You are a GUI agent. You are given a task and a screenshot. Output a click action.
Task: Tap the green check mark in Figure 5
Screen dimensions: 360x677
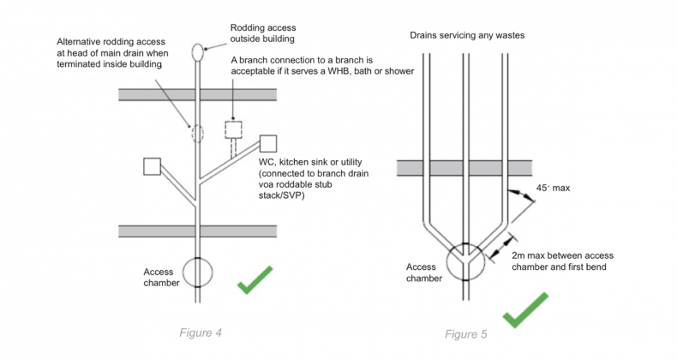[525, 311]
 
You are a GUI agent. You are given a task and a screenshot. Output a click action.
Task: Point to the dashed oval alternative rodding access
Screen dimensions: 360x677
[199, 134]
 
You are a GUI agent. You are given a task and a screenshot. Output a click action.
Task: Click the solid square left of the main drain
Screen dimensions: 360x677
[153, 166]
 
